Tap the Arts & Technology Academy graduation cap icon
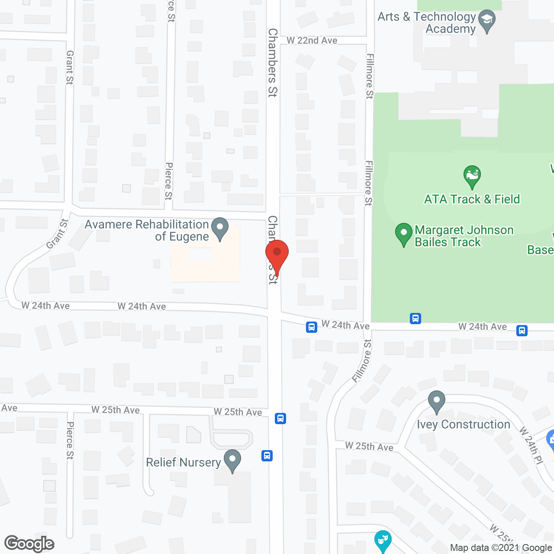point(487,20)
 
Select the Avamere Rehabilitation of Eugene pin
point(220,228)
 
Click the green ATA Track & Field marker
point(472,176)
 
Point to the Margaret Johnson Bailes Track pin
point(403,234)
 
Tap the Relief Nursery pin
point(232,460)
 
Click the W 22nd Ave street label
point(312,40)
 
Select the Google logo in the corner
point(29,544)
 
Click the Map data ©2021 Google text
point(501,548)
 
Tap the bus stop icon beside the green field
point(415,319)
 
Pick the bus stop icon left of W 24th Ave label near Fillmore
point(311,327)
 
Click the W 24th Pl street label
point(531,445)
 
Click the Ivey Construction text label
point(464,425)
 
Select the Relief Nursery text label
point(183,462)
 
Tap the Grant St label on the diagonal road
point(57,234)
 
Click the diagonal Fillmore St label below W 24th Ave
point(362,361)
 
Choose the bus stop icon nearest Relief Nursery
point(267,456)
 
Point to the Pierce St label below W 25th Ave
point(70,441)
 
